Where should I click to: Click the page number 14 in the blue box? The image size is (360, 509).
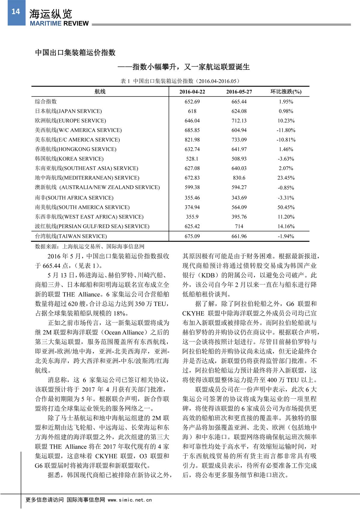(16, 12)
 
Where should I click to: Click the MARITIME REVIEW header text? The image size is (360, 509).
(59, 23)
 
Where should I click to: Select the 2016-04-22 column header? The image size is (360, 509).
(192, 92)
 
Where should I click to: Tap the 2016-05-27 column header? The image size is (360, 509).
(239, 92)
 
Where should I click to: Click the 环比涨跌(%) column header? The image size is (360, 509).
(286, 92)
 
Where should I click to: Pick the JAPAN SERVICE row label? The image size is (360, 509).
(68, 111)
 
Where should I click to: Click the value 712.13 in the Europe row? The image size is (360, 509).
(239, 121)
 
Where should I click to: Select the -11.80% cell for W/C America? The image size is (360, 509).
(286, 130)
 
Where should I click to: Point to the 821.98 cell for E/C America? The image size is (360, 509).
(192, 140)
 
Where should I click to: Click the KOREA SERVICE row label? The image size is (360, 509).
(69, 159)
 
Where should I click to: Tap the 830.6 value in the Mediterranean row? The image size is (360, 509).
(239, 178)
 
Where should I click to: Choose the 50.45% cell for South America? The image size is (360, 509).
(286, 207)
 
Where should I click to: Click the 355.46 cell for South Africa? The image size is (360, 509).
(192, 198)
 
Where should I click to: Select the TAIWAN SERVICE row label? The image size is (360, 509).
(71, 236)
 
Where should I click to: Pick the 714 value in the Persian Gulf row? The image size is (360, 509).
(239, 226)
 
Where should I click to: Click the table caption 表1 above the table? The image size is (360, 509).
(180, 81)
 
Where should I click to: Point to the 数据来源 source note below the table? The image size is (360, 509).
(90, 246)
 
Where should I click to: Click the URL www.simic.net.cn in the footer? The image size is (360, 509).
(130, 500)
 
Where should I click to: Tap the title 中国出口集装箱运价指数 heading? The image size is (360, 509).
(75, 53)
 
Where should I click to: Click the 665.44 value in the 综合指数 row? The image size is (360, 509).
(239, 102)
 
